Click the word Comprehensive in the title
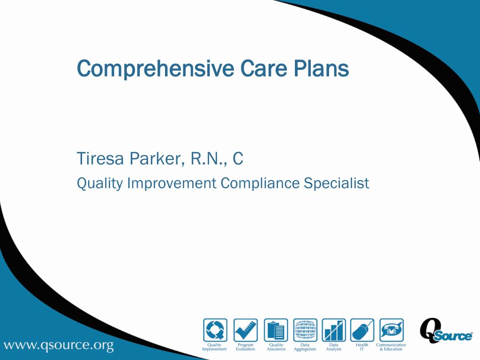click(x=155, y=69)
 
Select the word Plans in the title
click(x=322, y=68)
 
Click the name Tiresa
click(x=100, y=159)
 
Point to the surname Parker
click(x=156, y=159)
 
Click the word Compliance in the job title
click(x=260, y=183)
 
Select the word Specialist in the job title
click(x=336, y=183)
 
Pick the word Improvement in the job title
click(x=172, y=183)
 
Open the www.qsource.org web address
click(x=59, y=346)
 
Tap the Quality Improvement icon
click(x=215, y=330)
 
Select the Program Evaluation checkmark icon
click(x=245, y=330)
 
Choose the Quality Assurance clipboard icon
click(x=276, y=330)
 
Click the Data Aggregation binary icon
click(x=305, y=330)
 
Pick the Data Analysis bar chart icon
click(x=334, y=330)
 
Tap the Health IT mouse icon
click(x=362, y=330)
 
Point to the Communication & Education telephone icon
click(x=391, y=330)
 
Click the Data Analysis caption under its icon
click(x=334, y=347)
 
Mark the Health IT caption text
click(x=362, y=347)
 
